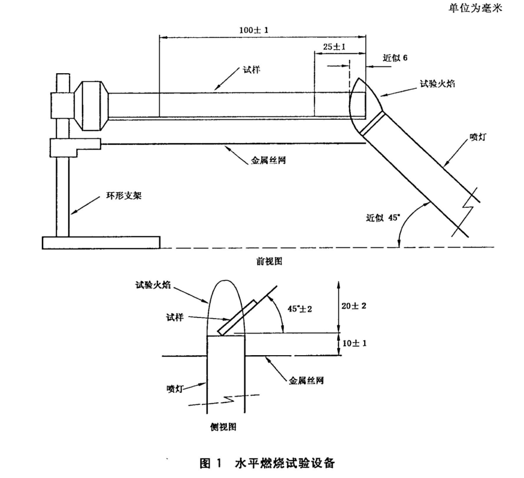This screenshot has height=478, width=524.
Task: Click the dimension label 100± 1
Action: click(254, 30)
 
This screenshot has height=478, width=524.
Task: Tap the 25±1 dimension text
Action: click(334, 47)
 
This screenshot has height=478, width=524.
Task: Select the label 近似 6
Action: click(395, 58)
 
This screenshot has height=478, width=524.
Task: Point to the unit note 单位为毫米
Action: click(475, 8)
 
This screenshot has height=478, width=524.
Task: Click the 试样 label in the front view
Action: click(252, 70)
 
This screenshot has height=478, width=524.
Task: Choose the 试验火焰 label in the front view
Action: click(437, 84)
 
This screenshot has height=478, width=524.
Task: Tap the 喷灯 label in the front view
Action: click(477, 137)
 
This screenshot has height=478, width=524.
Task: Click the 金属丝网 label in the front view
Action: click(268, 161)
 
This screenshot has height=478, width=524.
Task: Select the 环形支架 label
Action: click(124, 195)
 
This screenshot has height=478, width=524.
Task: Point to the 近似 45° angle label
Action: click(383, 218)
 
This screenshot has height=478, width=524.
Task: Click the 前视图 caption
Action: click(269, 261)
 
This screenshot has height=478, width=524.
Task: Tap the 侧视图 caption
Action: click(223, 427)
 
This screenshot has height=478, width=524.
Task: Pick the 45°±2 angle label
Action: click(300, 309)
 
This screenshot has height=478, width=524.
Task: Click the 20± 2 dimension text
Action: click(353, 305)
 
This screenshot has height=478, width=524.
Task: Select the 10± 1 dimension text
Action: click(355, 343)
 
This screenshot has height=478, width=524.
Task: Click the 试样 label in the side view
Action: click(175, 317)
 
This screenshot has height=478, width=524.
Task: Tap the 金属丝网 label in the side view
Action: click(307, 380)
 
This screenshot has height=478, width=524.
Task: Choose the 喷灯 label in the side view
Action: click(175, 389)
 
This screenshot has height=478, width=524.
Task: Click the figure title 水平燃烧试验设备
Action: click(285, 463)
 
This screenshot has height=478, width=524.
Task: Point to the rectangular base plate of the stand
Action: click(101, 243)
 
